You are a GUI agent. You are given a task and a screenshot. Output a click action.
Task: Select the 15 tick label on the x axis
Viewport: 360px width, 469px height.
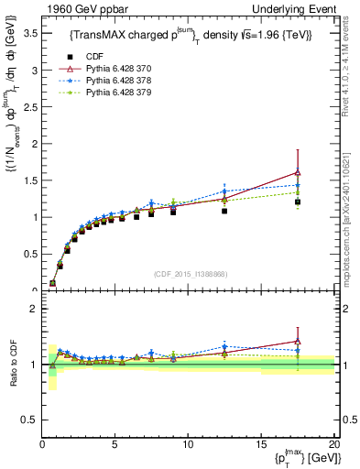[260, 443]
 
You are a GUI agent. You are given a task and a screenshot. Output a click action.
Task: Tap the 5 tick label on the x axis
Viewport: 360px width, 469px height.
[115, 443]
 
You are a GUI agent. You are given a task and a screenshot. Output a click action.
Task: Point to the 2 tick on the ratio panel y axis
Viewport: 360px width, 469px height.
[31, 309]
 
